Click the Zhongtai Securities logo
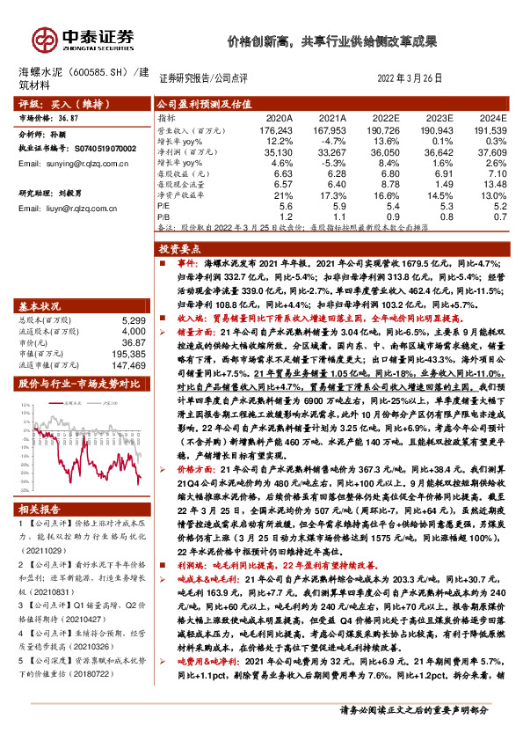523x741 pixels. tap(84, 40)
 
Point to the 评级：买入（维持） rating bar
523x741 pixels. tap(75, 103)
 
